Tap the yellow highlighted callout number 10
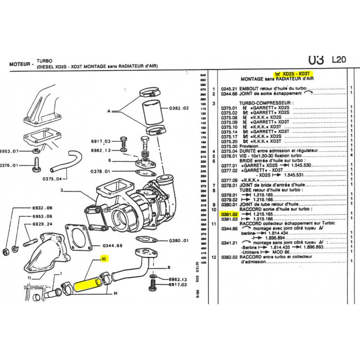(x=104, y=259)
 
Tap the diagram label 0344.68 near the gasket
(x=112, y=246)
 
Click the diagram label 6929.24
(x=43, y=224)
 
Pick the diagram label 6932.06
(x=43, y=208)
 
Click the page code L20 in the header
(x=339, y=59)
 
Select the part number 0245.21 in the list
(x=228, y=89)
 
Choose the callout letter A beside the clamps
(x=108, y=110)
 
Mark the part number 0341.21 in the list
(x=228, y=242)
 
